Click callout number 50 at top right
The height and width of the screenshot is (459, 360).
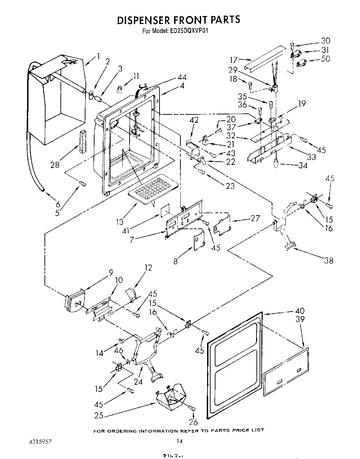326,59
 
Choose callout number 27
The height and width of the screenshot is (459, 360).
255,218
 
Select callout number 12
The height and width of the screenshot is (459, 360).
149,267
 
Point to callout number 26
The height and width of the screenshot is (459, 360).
193,422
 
